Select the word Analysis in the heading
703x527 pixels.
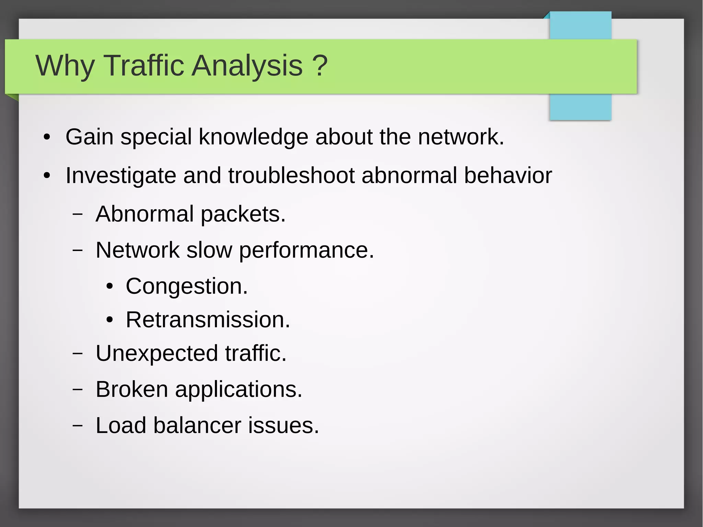pos(247,66)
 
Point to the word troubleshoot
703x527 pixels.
pos(291,175)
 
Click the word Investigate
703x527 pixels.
pos(121,176)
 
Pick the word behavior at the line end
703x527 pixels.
pos(508,175)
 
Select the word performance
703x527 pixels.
pos(306,251)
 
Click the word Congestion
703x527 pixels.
pos(186,286)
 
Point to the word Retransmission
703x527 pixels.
pos(208,320)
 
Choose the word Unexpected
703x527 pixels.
pos(157,354)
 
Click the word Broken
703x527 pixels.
pos(132,389)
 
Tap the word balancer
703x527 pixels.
pos(197,425)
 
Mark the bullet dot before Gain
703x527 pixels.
pos(47,138)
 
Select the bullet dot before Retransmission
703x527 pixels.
pos(110,320)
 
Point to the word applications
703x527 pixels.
pos(239,390)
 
